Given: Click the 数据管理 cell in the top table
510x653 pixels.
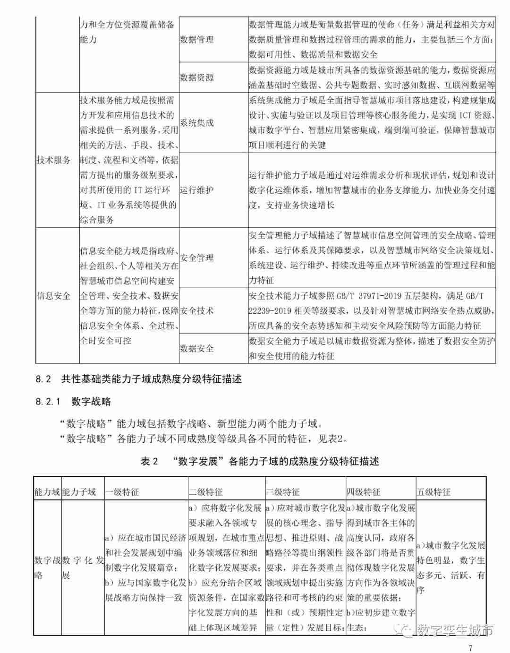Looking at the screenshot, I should [197, 40].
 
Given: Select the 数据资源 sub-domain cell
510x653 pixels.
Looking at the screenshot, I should [197, 77].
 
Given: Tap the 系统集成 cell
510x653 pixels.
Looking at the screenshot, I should [197, 123].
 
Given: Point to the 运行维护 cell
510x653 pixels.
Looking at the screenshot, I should [197, 190].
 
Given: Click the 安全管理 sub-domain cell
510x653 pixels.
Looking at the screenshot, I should [197, 258].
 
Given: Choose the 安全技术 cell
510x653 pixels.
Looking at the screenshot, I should [197, 311].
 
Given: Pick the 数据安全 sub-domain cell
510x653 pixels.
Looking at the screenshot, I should [197, 349].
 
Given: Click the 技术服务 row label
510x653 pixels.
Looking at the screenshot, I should [54, 160].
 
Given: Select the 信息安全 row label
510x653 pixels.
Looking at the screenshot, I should [54, 296].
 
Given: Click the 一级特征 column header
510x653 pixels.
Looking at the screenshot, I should [122, 492].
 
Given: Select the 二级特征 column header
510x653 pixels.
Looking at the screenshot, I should [206, 492].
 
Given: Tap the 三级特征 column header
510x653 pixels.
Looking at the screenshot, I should [283, 492].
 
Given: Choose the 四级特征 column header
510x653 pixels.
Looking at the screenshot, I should [364, 492].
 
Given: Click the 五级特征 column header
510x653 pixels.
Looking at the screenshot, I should [433, 492].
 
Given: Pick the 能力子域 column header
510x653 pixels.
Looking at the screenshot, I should [79, 492].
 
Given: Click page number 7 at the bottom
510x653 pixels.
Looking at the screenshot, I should [470, 648].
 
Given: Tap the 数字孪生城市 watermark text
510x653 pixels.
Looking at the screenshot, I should [455, 630].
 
